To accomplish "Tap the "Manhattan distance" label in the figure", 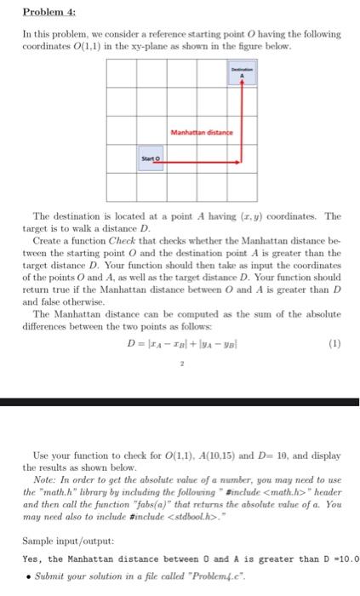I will click(x=198, y=131).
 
